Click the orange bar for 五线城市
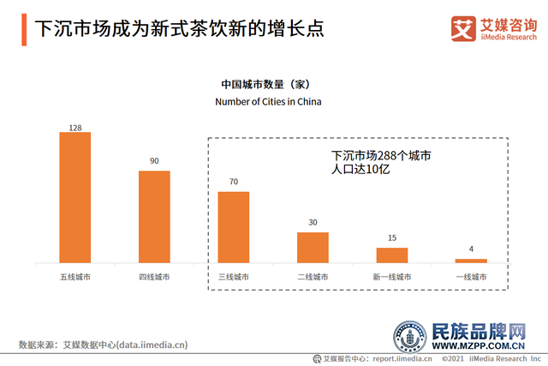(75, 197)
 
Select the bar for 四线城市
(154, 216)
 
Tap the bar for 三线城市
(234, 226)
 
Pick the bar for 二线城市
(313, 247)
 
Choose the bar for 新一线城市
(392, 255)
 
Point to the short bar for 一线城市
(471, 260)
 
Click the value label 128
(75, 128)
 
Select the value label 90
(154, 160)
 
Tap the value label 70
(234, 182)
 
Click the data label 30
(313, 223)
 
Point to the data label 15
(392, 238)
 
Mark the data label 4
(471, 250)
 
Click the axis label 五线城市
(75, 277)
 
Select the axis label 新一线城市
(392, 277)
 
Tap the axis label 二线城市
(313, 277)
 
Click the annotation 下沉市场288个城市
(379, 156)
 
